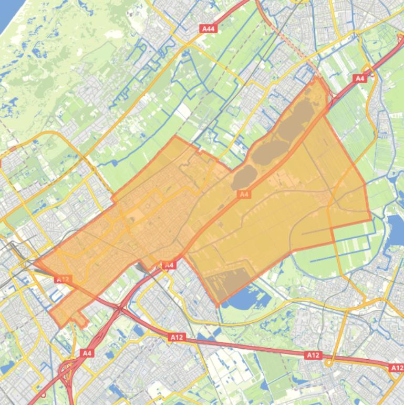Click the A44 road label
(208, 29)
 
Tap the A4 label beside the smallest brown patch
(244, 194)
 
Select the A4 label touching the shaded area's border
(169, 265)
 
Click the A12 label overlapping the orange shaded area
(63, 279)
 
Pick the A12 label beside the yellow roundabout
(313, 356)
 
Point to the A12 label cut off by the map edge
(396, 368)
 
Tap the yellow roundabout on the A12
(329, 362)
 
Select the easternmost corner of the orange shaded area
(371, 220)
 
